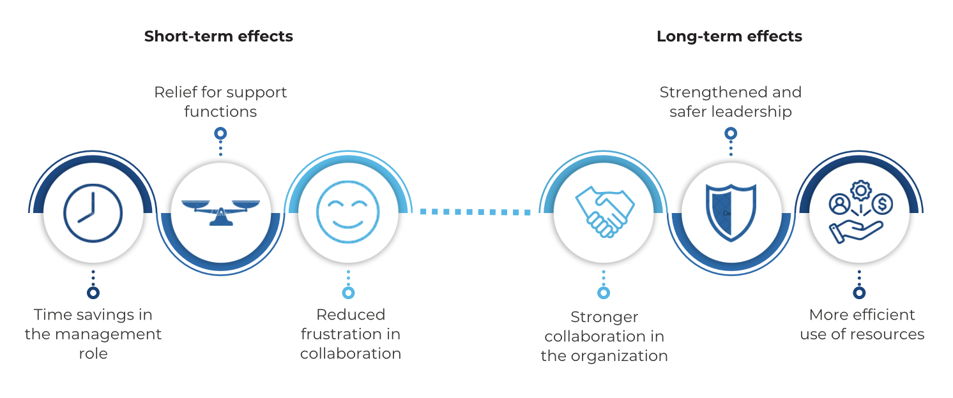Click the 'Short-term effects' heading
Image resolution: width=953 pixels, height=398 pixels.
pos(218,36)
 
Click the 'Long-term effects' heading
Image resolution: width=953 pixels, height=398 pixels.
pos(729,36)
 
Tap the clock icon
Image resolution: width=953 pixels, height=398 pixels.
pos(93,212)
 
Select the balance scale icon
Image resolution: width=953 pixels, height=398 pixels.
pos(220,211)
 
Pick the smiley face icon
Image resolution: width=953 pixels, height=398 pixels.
pos(348,212)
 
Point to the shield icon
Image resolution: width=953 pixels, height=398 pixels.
pos(731,212)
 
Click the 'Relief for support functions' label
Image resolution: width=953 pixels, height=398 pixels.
pos(220,101)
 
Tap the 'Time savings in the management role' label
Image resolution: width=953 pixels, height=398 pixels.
pos(93,334)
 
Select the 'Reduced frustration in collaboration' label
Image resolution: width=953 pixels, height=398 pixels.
pos(351,334)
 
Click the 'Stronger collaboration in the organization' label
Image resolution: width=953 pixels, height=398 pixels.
pos(604,336)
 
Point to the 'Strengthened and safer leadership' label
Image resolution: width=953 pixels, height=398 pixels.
pos(731,101)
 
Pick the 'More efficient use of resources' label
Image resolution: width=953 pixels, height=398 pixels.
pos(862,324)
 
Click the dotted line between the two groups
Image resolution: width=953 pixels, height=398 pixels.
pos(476,211)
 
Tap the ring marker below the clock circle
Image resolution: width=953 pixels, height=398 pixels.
pos(93,293)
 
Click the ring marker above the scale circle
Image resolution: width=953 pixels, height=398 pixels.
pos(220,133)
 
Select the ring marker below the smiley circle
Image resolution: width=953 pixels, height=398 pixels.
pos(348,293)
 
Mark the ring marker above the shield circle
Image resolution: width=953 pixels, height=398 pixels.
pos(731,133)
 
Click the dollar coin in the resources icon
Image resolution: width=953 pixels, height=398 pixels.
pos(884,205)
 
